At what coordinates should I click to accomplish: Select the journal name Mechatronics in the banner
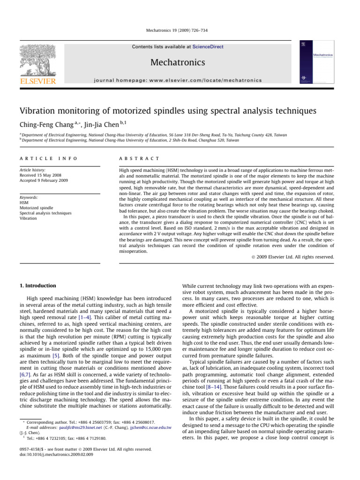[x=180, y=62]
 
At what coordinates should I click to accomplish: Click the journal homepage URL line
[x=180, y=80]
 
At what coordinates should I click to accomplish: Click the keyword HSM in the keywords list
[x=30, y=202]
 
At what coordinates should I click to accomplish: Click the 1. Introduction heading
[x=37, y=285]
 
